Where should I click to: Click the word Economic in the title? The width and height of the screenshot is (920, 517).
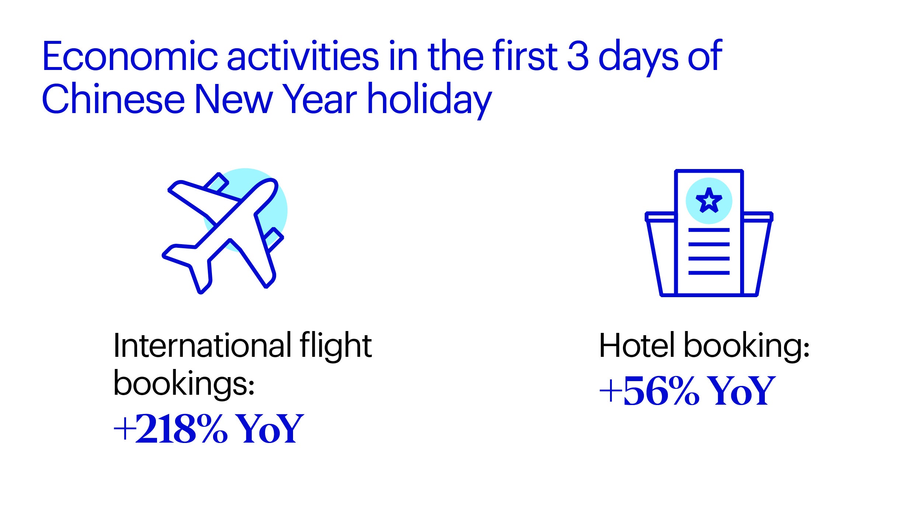pos(130,56)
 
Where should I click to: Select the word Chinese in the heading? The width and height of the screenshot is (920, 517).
pos(113,99)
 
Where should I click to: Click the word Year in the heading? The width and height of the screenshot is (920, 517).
pos(320,99)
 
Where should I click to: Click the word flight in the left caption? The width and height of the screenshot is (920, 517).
pos(335,346)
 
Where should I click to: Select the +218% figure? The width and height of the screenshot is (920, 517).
pos(171,429)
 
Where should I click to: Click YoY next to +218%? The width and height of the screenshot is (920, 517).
pos(269,429)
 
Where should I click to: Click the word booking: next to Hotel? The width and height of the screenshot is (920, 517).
pos(747,346)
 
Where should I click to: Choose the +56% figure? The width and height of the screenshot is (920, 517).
pos(649,391)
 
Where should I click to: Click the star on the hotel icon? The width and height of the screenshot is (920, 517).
pos(709,200)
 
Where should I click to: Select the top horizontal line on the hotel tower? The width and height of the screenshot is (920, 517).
pos(709,230)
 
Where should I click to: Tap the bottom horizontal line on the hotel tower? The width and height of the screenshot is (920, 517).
pos(709,273)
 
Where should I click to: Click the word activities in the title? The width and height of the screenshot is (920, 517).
pos(303,56)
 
